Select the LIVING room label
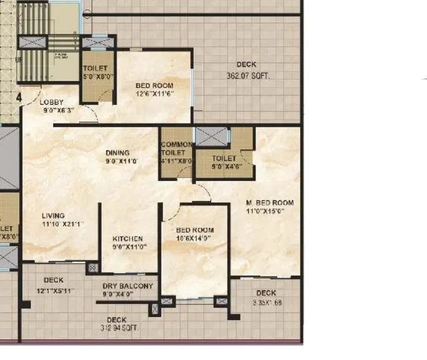[x=53, y=215]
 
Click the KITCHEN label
[x=128, y=239]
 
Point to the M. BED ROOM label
[x=269, y=203]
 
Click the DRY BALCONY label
[x=127, y=286]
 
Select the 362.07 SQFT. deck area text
[x=251, y=75]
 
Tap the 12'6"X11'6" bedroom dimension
[x=154, y=94]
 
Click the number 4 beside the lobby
[x=19, y=98]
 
